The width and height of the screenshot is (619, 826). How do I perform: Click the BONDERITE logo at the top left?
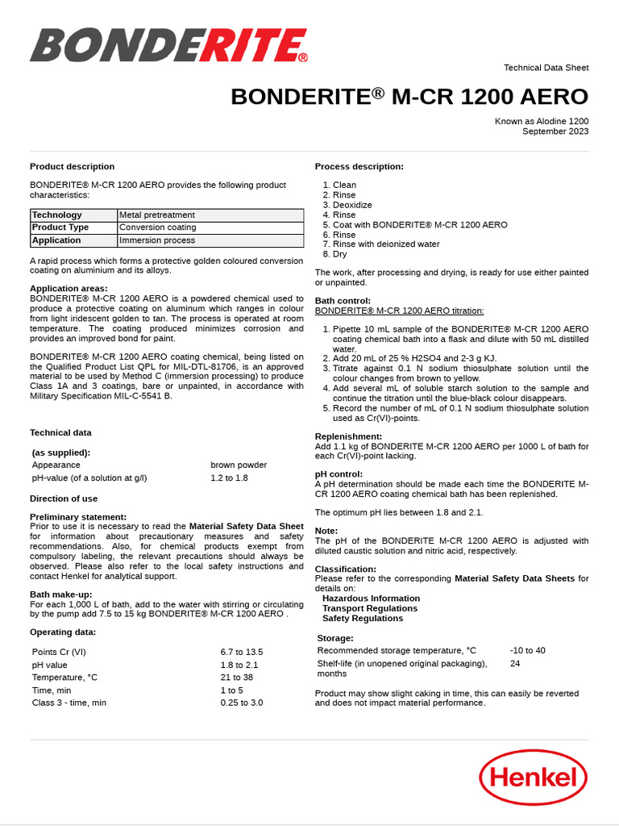[168, 46]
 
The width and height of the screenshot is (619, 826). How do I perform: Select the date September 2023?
[555, 131]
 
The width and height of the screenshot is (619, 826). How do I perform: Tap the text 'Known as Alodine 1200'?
[542, 121]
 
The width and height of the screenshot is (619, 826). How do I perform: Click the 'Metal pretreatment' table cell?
[156, 215]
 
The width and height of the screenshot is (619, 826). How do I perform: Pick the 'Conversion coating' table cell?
[157, 227]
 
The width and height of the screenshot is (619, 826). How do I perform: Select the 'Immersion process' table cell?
[156, 240]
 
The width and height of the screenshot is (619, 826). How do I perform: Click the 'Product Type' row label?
[60, 227]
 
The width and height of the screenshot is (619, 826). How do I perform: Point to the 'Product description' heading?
[72, 167]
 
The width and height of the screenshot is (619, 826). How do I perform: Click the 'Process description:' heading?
[359, 167]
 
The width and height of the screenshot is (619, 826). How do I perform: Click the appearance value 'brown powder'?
[239, 465]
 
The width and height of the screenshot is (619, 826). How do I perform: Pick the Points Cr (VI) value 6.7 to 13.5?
[242, 652]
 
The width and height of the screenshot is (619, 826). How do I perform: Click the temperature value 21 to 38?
[237, 678]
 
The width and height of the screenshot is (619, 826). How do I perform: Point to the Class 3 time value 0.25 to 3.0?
[242, 703]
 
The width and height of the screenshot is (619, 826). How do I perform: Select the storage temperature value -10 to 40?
[527, 650]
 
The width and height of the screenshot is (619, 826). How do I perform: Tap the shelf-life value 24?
[515, 663]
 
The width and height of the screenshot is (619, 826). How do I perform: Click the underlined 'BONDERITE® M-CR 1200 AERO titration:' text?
[399, 311]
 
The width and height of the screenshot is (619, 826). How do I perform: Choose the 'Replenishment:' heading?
[348, 436]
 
